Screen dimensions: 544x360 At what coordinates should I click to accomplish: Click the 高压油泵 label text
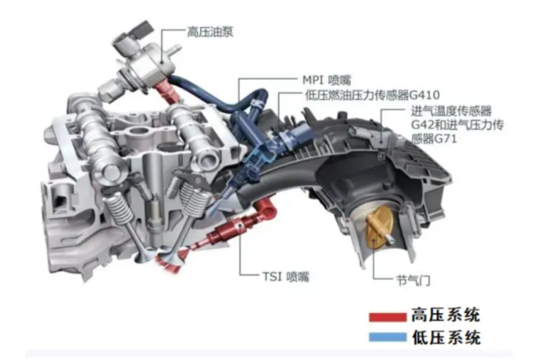point(210,32)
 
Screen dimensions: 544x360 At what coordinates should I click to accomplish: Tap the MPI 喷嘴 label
point(327,80)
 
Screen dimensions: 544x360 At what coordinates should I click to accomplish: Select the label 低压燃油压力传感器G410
point(372,95)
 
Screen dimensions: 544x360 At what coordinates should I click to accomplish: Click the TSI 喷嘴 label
point(286,277)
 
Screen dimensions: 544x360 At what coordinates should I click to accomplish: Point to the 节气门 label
point(413,280)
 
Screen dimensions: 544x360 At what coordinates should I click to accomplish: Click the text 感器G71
point(434,139)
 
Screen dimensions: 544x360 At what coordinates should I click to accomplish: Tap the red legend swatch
point(388,317)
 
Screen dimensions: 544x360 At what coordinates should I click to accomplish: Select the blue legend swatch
point(388,337)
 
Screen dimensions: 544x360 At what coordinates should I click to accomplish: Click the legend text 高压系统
point(446,315)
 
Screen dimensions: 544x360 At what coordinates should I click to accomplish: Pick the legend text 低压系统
point(446,337)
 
